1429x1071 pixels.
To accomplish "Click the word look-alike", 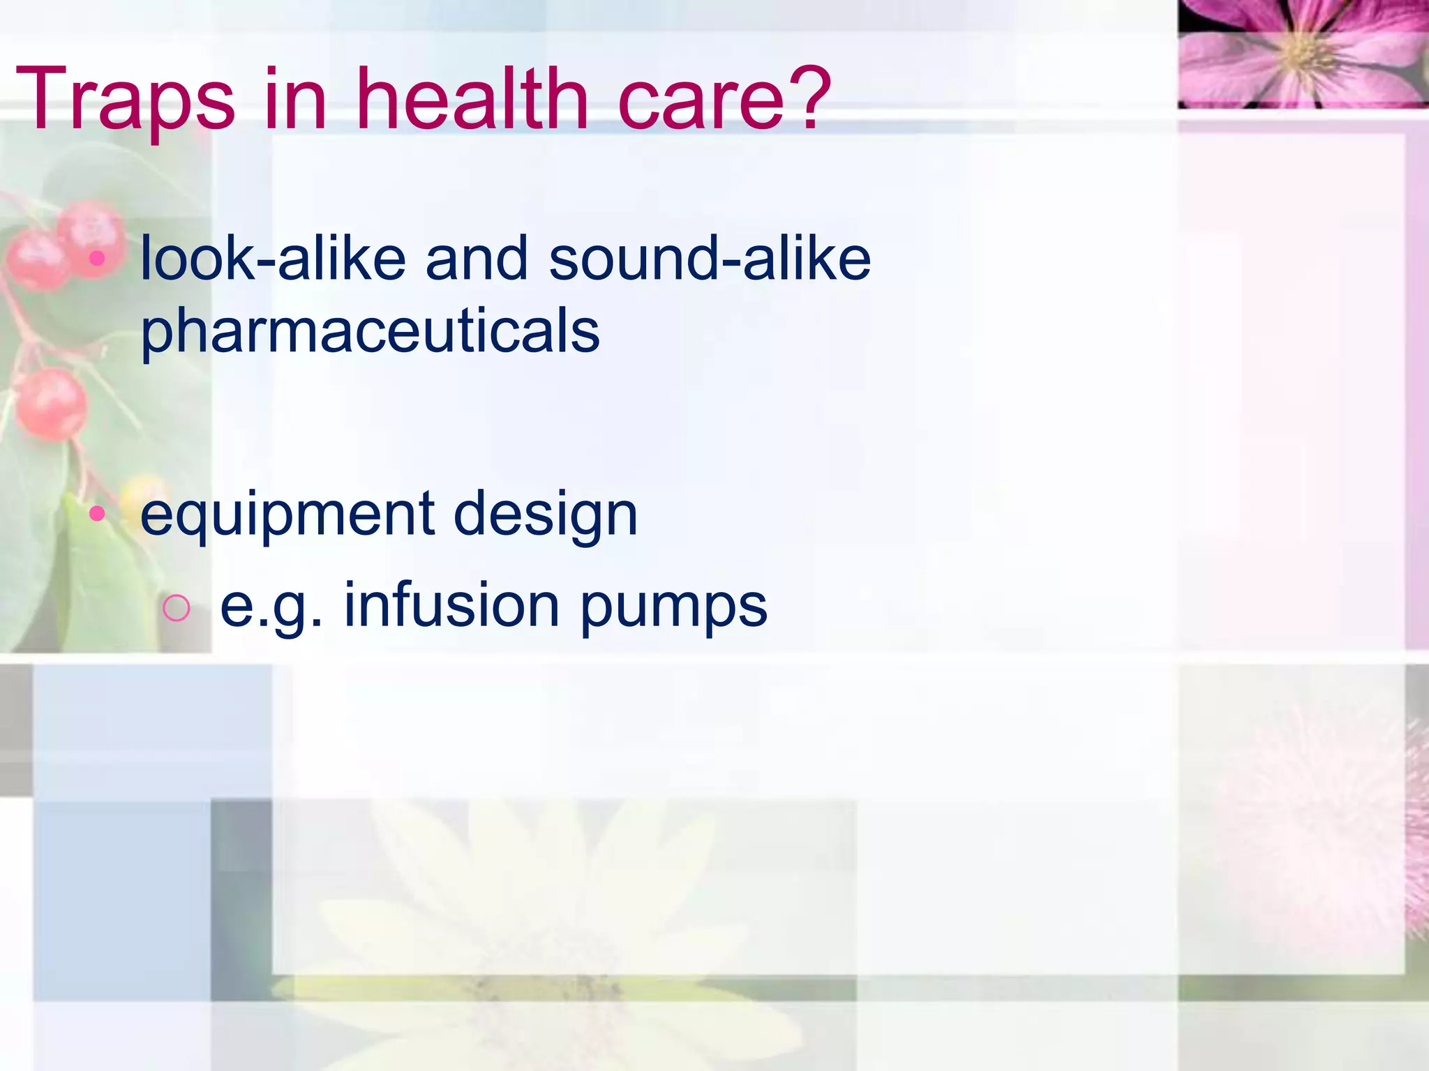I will click(273, 259).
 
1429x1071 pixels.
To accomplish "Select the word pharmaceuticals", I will click(370, 332).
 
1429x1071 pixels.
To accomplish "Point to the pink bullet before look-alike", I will click(97, 259).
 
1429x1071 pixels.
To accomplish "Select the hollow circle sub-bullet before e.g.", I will click(175, 608).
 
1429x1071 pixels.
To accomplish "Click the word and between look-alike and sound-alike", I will click(477, 259).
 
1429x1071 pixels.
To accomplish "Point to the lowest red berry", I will click(50, 404).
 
